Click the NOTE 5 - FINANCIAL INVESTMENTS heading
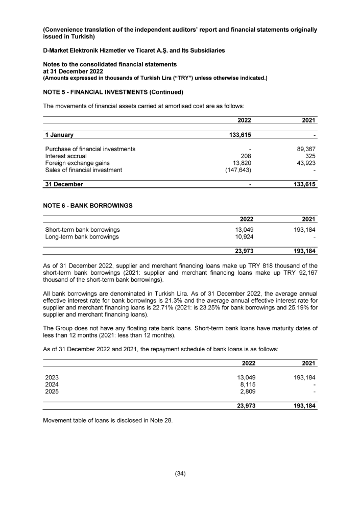[x=113, y=92]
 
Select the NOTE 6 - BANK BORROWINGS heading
[x=88, y=205]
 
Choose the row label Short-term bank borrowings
[x=83, y=230]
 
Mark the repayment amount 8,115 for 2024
[x=248, y=384]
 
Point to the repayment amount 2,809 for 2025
[x=248, y=392]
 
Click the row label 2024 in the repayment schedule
[x=52, y=384]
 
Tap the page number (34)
[x=180, y=473]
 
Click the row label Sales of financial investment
[x=84, y=171]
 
